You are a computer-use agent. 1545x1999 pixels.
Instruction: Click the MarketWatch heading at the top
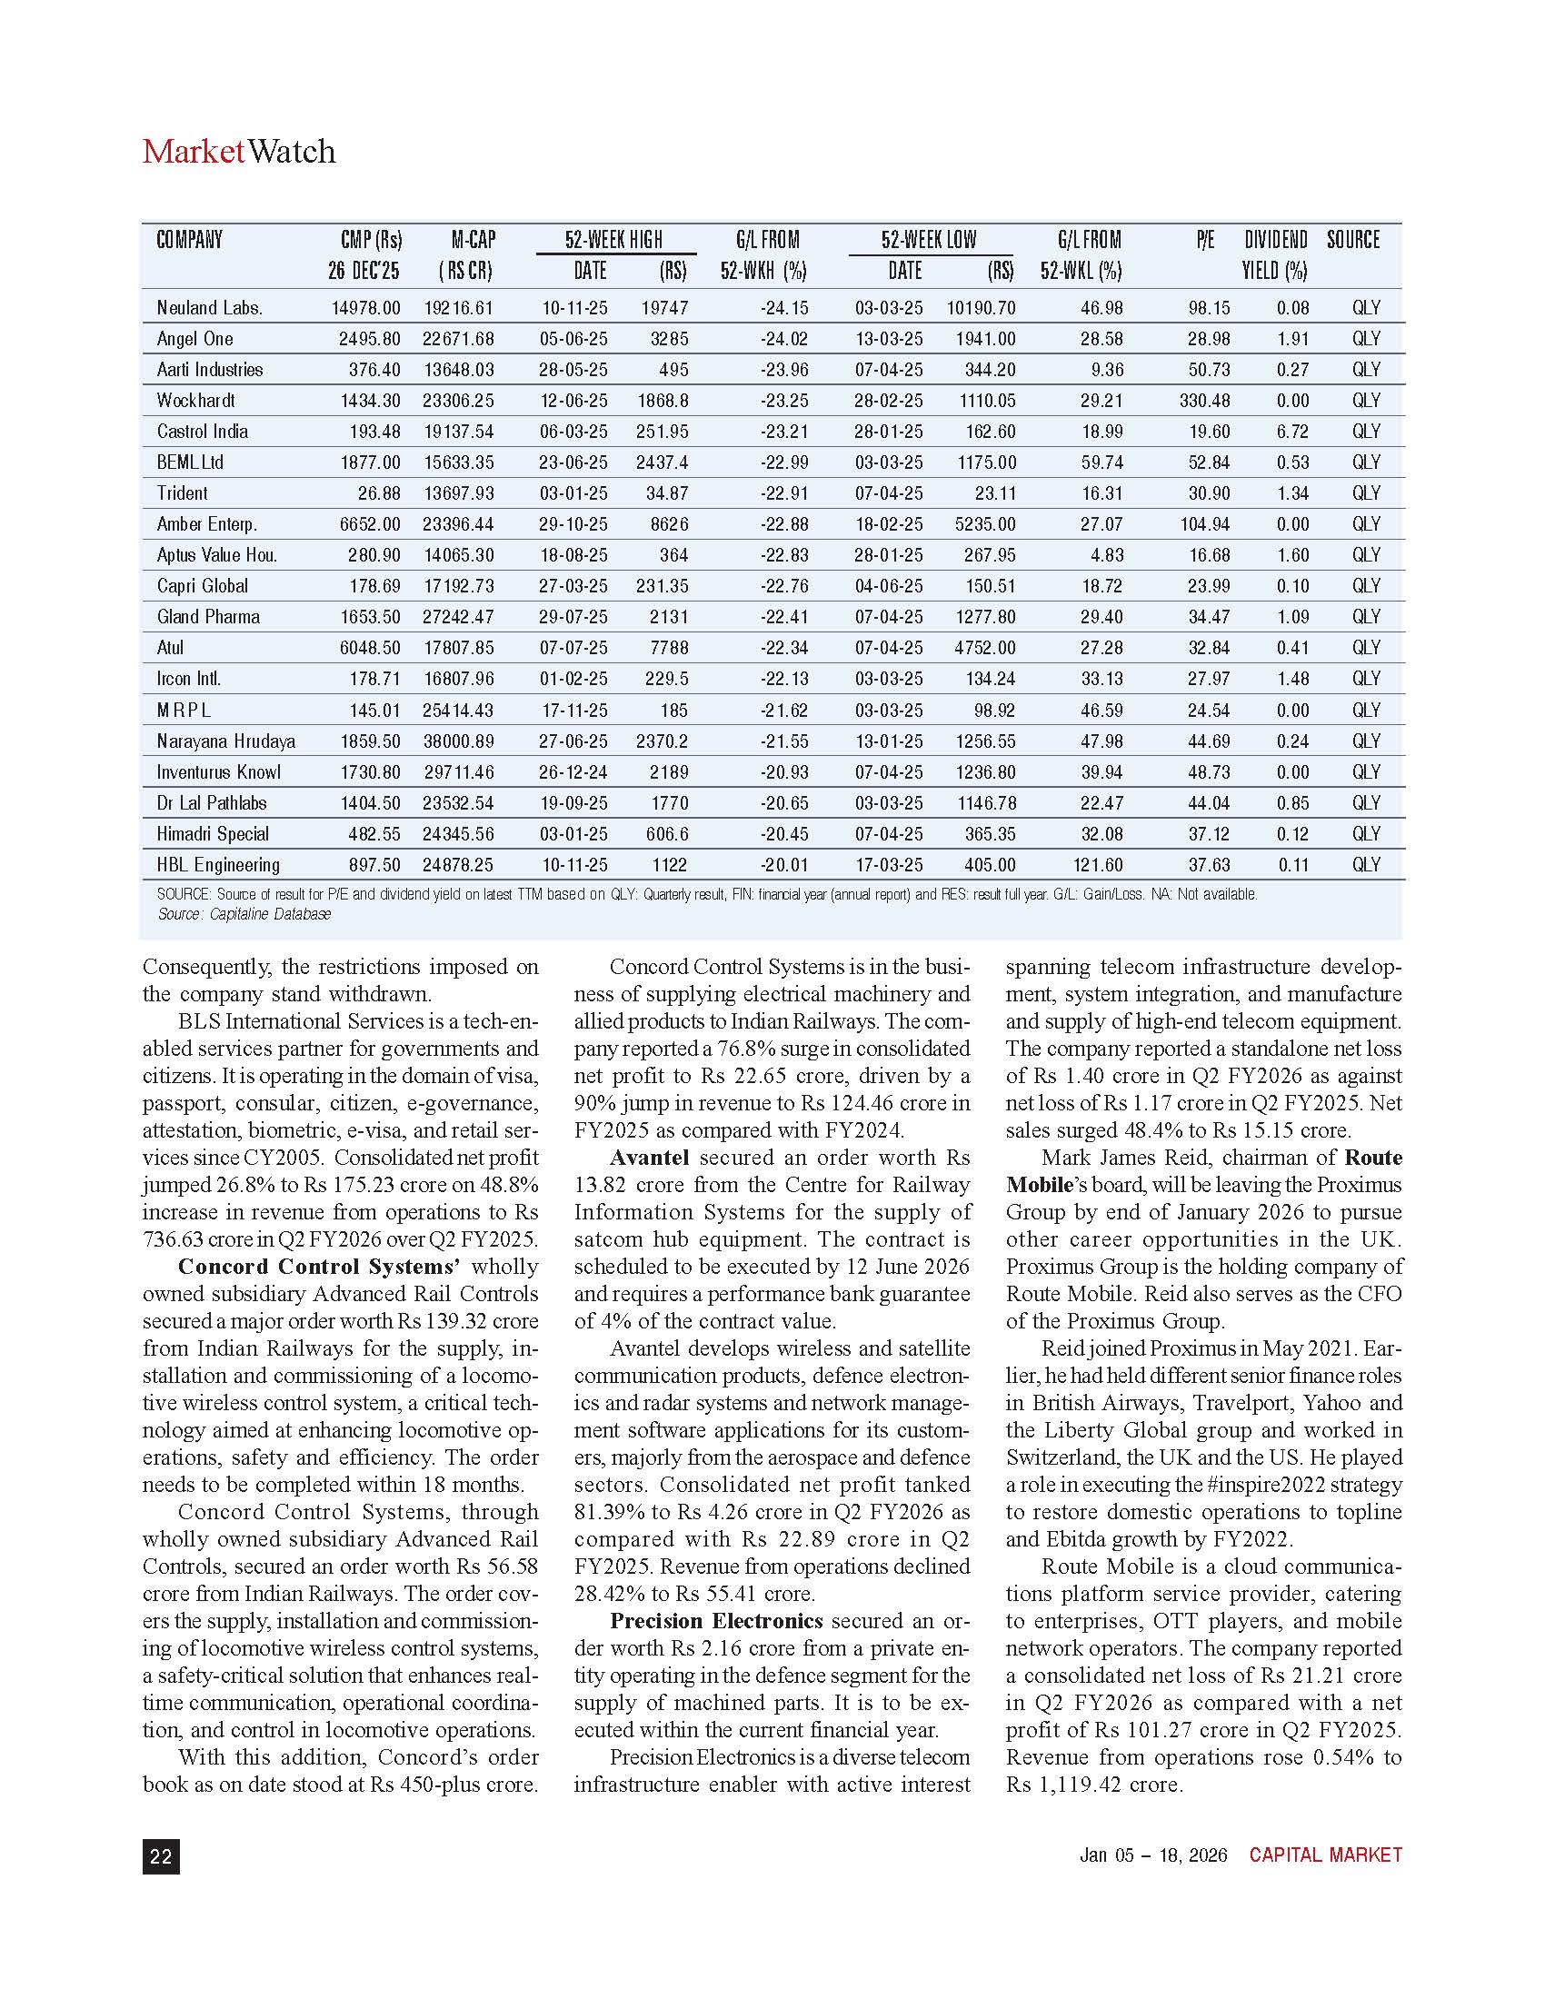point(239,151)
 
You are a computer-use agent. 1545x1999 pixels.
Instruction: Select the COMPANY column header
point(189,240)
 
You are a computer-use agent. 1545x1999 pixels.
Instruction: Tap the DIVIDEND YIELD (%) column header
point(1275,255)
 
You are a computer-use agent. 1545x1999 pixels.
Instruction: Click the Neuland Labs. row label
point(210,307)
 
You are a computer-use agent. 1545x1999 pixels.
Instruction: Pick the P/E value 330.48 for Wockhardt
point(1204,401)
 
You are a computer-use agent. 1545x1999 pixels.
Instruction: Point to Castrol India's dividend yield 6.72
point(1292,431)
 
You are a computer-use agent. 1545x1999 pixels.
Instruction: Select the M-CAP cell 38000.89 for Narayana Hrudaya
point(459,741)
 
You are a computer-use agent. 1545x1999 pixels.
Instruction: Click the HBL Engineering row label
point(218,865)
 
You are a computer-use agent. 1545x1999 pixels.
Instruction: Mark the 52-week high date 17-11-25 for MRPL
point(573,711)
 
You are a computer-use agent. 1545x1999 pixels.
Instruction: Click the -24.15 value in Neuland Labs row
point(784,307)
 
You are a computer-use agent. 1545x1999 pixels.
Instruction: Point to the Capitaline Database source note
point(244,913)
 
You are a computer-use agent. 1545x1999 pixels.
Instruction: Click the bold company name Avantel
point(649,1158)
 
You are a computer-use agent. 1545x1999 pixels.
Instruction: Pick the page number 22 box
point(161,1856)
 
